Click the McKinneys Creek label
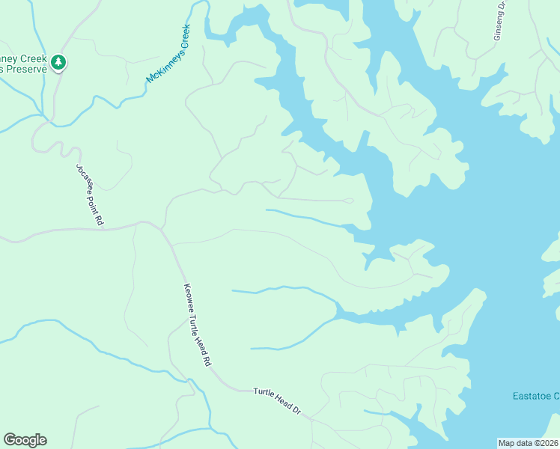tap(169, 54)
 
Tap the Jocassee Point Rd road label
tap(88, 195)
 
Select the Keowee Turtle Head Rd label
tap(197, 325)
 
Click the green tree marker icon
tap(59, 62)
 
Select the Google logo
tap(25, 440)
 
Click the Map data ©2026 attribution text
tap(528, 442)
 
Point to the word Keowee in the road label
tap(188, 296)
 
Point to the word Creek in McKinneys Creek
tap(183, 36)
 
